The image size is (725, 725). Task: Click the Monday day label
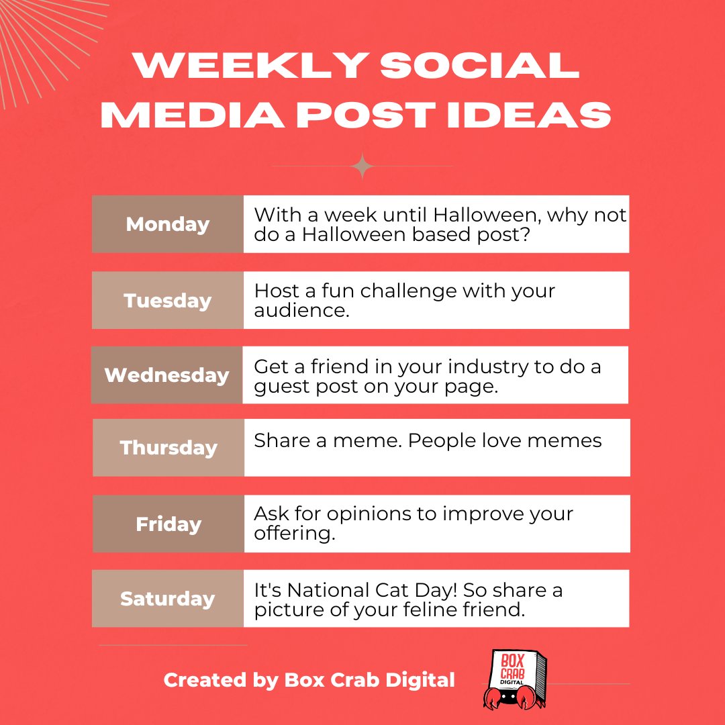pos(167,224)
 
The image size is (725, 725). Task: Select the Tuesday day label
pos(167,300)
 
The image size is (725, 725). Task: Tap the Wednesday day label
pos(166,375)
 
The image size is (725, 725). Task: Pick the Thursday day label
pos(168,448)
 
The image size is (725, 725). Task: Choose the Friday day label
pos(168,524)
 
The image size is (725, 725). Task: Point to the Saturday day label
pos(167,598)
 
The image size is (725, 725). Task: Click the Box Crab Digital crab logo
pos(516,679)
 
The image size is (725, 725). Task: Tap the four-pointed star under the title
pos(362,166)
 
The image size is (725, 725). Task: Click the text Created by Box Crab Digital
pos(309,680)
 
